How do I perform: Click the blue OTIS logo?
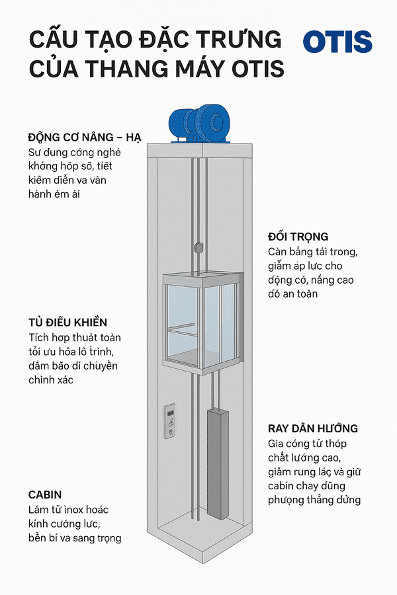tap(337, 42)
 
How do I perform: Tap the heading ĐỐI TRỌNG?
tap(298, 236)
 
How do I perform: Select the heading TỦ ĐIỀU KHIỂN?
tap(68, 322)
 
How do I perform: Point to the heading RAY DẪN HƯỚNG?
tap(313, 428)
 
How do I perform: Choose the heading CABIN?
tap(45, 495)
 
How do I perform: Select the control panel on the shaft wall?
tap(171, 420)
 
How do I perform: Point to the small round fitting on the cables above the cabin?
tap(197, 248)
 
